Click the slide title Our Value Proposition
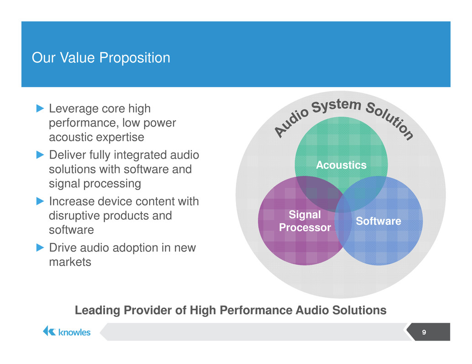coord(101,58)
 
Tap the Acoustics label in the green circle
coord(341,165)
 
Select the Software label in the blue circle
coord(378,221)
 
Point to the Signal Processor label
coord(304,221)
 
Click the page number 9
coord(424,332)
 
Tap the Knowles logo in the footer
coord(67,332)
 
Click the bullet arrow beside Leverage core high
coord(40,108)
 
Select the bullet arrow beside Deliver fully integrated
coord(40,155)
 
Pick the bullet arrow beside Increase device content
coord(40,201)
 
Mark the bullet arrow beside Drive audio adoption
coord(40,247)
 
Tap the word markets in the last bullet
coord(70,262)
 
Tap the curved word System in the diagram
coord(336,106)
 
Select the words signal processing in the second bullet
coord(95,184)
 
